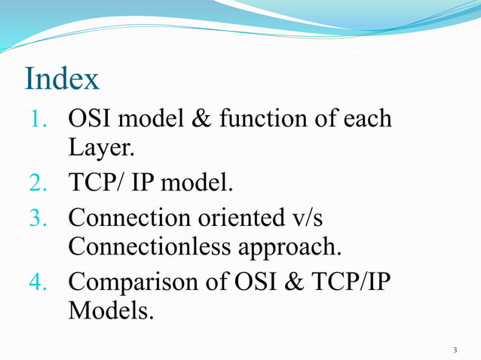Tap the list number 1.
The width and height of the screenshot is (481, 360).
38,119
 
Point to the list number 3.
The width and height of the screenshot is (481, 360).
39,218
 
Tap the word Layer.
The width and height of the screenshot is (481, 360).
101,149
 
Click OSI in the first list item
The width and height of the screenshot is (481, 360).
92,119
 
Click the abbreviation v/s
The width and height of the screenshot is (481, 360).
315,218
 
